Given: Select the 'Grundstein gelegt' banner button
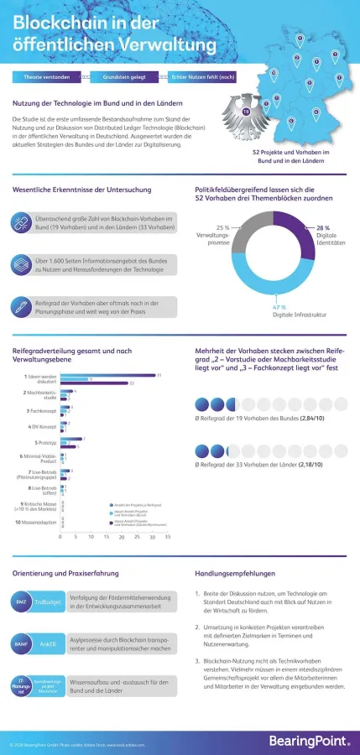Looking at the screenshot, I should (124, 77).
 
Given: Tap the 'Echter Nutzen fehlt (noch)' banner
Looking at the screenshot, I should (202, 77).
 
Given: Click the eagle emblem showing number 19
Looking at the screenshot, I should (246, 111).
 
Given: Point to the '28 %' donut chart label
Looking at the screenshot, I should (322, 227).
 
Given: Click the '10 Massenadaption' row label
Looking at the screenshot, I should (35, 522).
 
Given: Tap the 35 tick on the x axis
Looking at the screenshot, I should (167, 536).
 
